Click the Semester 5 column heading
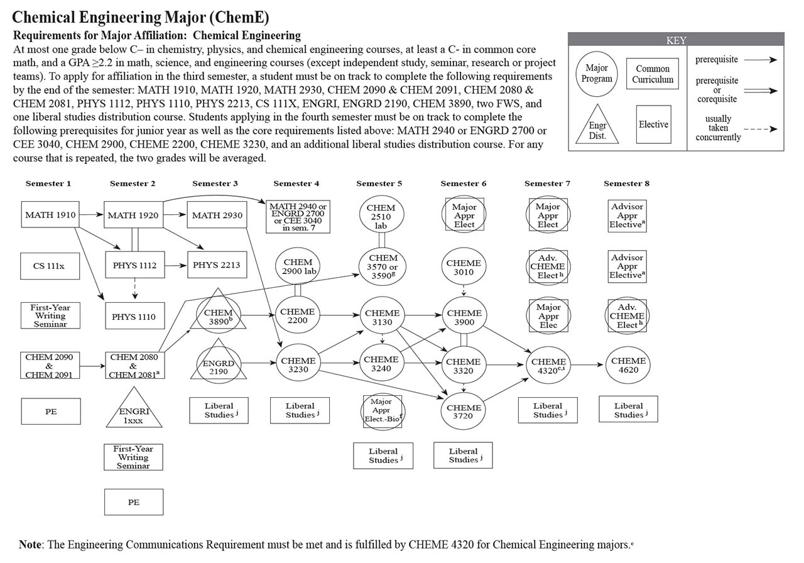[379, 183]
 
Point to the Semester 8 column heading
[626, 183]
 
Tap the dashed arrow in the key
[761, 129]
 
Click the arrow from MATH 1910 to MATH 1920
[91, 215]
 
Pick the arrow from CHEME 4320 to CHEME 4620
[587, 365]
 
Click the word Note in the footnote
[30, 544]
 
